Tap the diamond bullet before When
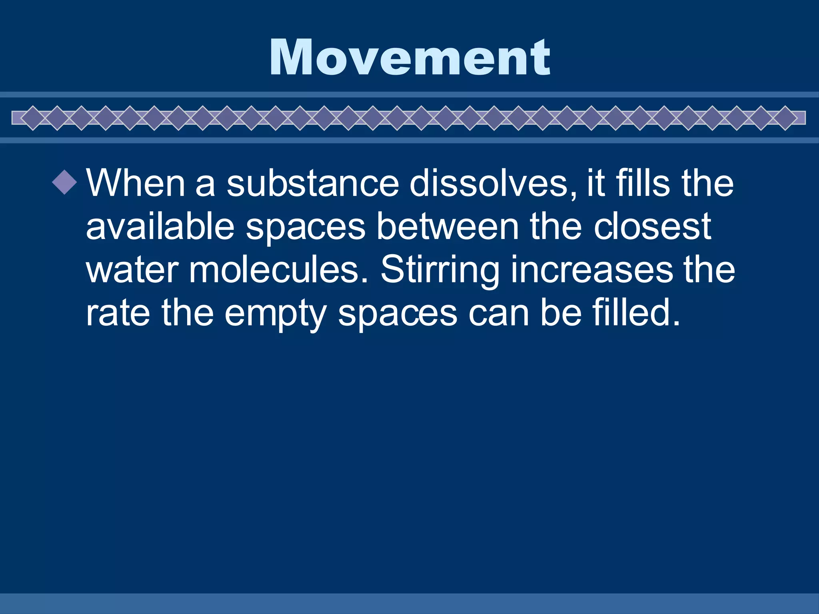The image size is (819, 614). [64, 182]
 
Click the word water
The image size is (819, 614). [132, 270]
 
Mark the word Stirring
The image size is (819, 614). [440, 270]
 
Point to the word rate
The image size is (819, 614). [118, 313]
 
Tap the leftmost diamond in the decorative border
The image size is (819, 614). [33, 118]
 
